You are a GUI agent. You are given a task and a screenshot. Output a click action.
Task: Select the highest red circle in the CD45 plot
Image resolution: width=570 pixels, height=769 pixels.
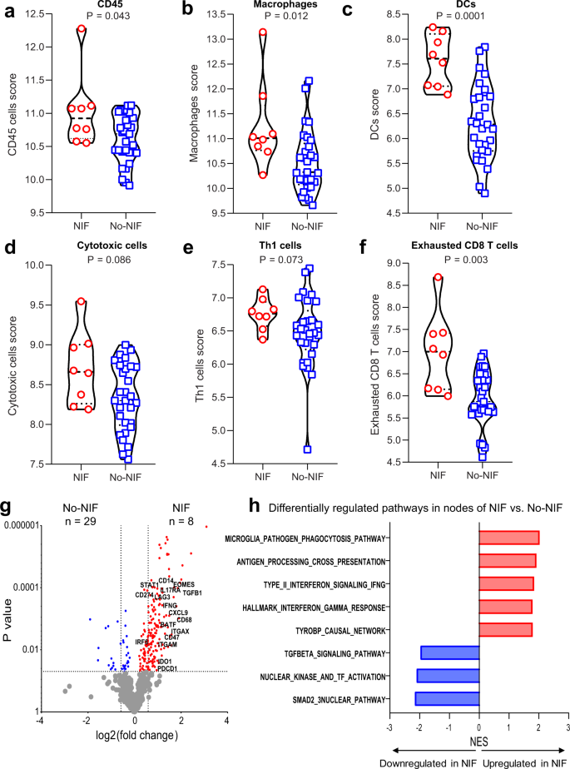[81, 29]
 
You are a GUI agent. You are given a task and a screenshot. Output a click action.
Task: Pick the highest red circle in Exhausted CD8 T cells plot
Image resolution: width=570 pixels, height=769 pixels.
[438, 278]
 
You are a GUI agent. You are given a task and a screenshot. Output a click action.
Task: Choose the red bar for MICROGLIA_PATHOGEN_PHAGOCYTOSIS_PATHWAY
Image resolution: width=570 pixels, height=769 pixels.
[508, 538]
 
